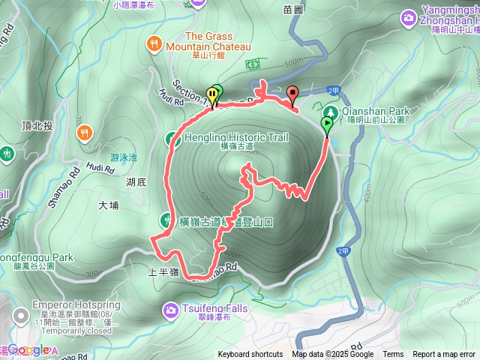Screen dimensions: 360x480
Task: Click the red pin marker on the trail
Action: click(x=292, y=94)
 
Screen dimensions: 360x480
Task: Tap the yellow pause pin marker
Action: click(x=212, y=94)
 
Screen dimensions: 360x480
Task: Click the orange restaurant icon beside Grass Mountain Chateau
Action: click(x=154, y=42)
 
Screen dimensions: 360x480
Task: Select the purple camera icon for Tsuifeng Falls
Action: click(x=171, y=308)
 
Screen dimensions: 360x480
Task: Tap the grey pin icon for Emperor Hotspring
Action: click(x=21, y=306)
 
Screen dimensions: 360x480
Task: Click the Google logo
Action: click(x=28, y=349)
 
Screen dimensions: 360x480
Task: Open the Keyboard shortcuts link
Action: click(x=250, y=355)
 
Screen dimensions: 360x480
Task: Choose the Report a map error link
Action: click(x=443, y=355)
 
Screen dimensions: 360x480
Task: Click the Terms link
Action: click(x=393, y=355)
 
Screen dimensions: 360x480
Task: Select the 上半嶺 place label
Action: click(x=163, y=274)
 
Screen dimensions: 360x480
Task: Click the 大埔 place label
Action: click(x=108, y=205)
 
